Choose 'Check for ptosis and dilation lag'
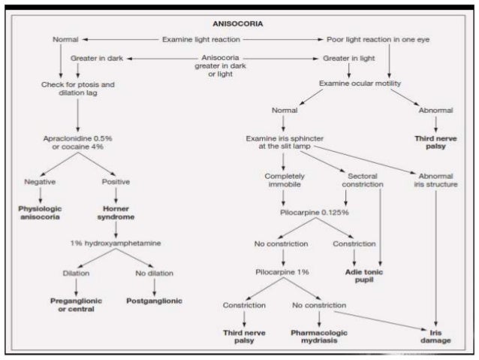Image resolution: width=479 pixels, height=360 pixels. pyautogui.click(x=77, y=89)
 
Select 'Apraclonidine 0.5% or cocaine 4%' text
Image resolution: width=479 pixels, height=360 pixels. pyautogui.click(x=77, y=142)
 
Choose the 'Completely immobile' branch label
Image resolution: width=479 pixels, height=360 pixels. pyautogui.click(x=284, y=180)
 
